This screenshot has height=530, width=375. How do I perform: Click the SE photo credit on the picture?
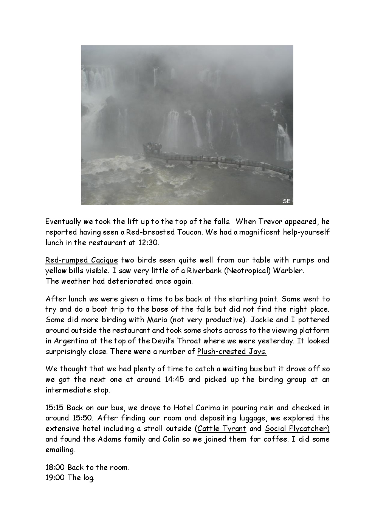(x=287, y=201)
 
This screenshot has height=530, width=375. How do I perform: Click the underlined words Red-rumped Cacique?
(x=82, y=260)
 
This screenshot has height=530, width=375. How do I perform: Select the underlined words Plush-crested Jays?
(x=232, y=352)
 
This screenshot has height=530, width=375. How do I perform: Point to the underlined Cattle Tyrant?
(x=222, y=429)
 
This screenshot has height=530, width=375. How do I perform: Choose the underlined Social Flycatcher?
(x=297, y=429)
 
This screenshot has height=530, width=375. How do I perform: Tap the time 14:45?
(x=175, y=379)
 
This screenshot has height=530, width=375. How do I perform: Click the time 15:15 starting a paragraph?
(x=54, y=408)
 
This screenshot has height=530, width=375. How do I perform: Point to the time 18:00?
(x=55, y=467)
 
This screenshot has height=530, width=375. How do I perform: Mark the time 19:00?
(x=55, y=477)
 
